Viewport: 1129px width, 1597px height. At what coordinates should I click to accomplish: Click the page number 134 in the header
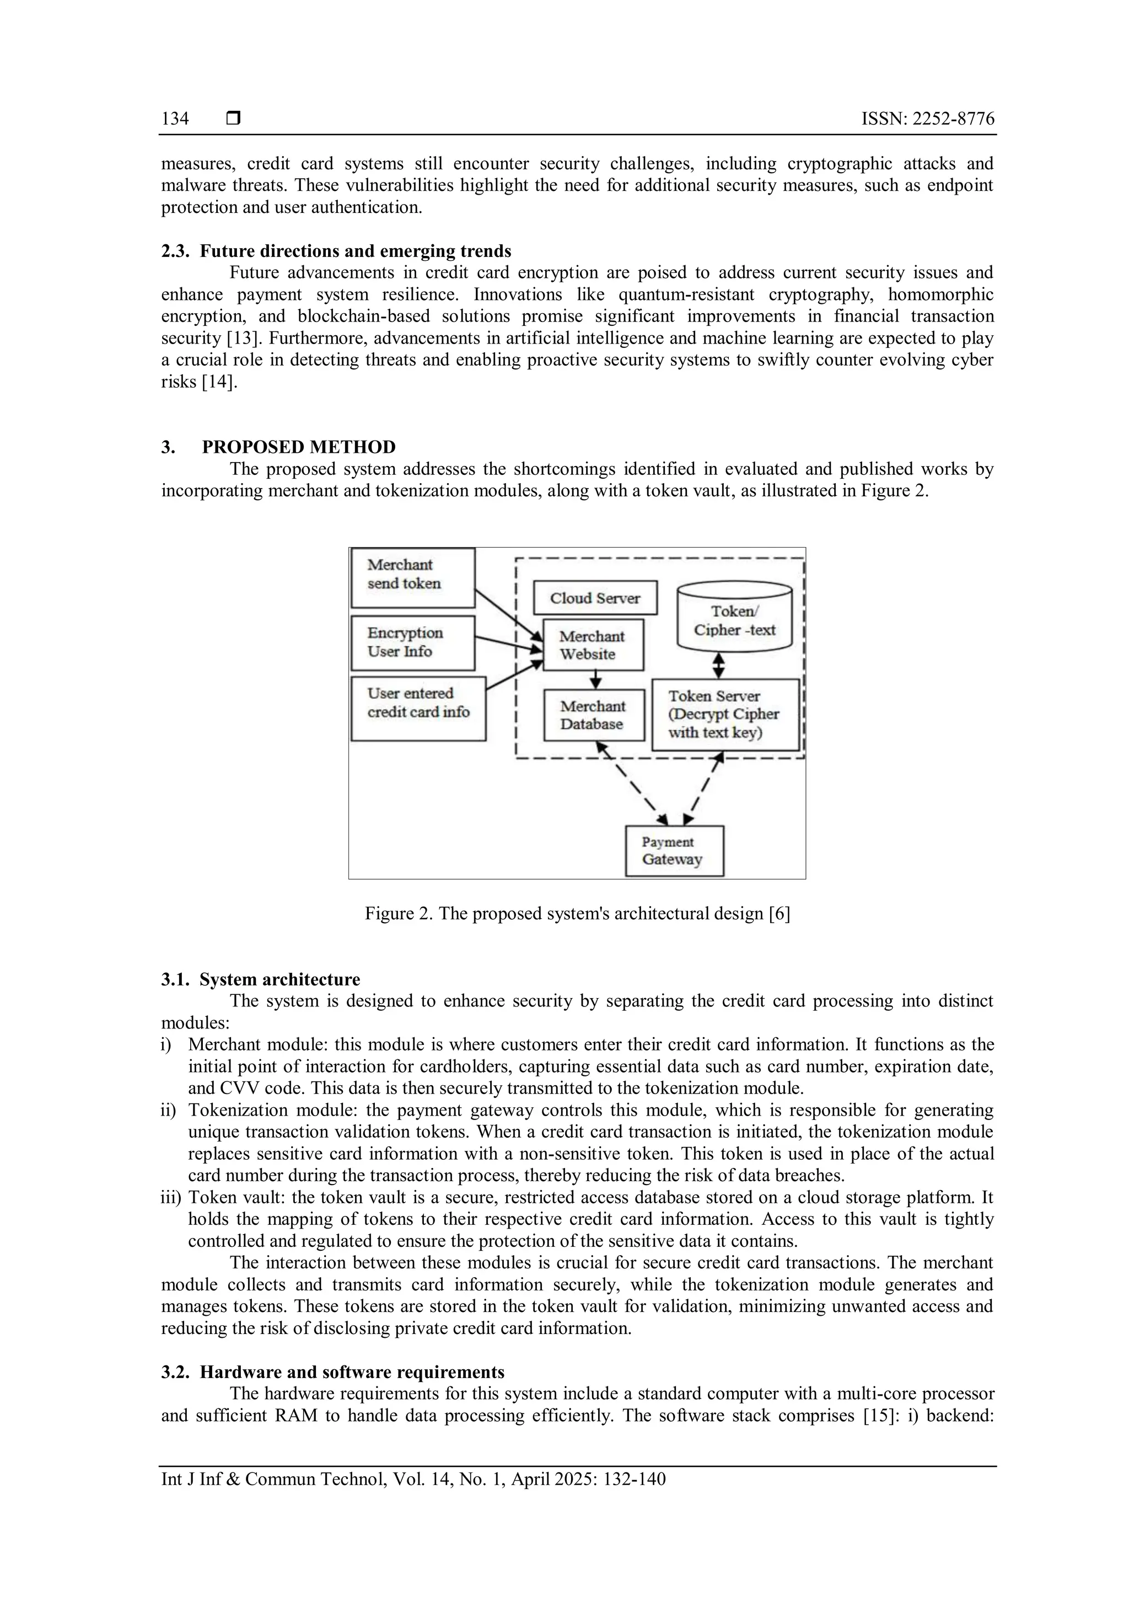pyautogui.click(x=175, y=119)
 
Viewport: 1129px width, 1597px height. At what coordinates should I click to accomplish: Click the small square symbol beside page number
pyautogui.click(x=234, y=119)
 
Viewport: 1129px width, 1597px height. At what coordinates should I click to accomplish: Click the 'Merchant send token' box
pyautogui.click(x=412, y=577)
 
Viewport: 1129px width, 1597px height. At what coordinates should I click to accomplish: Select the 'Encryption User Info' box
pyautogui.click(x=412, y=642)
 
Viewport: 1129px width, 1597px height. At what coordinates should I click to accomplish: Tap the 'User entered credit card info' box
pyautogui.click(x=418, y=708)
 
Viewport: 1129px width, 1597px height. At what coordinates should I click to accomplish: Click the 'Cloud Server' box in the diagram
pyautogui.click(x=595, y=598)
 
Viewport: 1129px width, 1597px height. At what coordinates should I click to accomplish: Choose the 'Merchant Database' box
pyautogui.click(x=593, y=715)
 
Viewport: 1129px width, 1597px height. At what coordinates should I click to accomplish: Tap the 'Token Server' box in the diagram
pyautogui.click(x=724, y=714)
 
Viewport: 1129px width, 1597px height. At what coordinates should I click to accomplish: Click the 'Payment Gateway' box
pyautogui.click(x=674, y=851)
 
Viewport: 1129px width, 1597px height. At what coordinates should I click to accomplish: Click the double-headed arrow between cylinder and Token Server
pyautogui.click(x=719, y=665)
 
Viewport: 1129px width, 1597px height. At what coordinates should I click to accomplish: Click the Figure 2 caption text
pyautogui.click(x=577, y=914)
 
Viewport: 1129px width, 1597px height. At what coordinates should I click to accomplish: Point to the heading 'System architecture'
pyautogui.click(x=279, y=980)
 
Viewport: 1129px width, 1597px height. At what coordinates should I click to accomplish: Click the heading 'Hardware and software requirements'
pyautogui.click(x=352, y=1373)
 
